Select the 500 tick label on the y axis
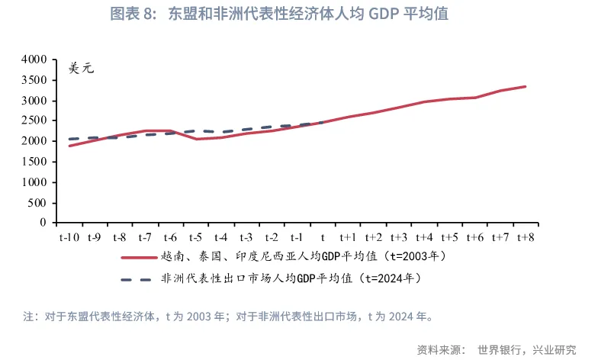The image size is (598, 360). point(39,203)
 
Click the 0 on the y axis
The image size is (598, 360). point(44,223)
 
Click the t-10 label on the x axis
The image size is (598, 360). point(69,237)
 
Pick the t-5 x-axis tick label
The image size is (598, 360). point(195,237)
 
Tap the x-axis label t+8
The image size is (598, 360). point(525,237)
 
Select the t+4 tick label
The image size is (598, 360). point(423,237)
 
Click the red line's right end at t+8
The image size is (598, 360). point(526,86)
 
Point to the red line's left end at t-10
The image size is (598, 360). point(69,146)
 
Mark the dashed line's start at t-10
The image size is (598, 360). point(69,139)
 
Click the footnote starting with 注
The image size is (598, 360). point(228,315)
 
